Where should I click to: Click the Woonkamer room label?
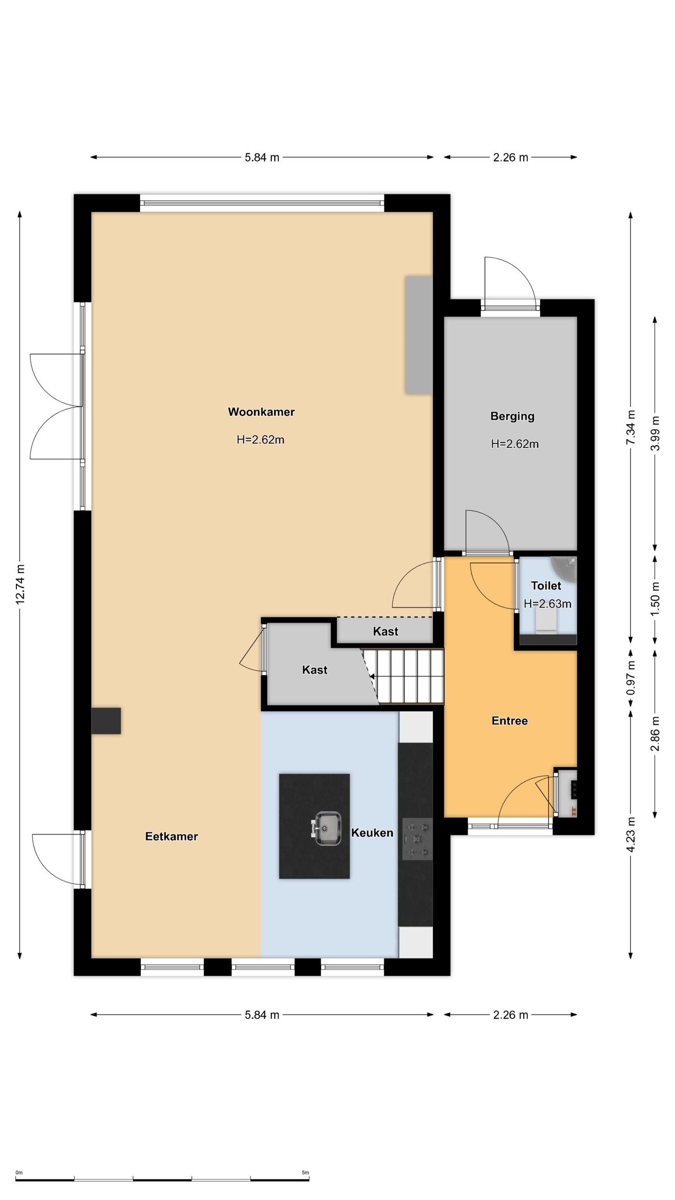[x=261, y=412]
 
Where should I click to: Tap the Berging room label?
[x=512, y=416]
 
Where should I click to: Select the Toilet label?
[x=546, y=585]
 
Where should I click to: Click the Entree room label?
[x=510, y=721]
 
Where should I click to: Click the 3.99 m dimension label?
[x=655, y=434]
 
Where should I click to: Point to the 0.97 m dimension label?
[x=631, y=678]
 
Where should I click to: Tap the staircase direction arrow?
[x=372, y=677]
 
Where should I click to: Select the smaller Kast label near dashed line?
[x=385, y=631]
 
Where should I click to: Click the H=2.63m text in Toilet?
[x=547, y=604]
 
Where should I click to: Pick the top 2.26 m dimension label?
[x=510, y=157]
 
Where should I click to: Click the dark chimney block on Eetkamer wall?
[x=106, y=721]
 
